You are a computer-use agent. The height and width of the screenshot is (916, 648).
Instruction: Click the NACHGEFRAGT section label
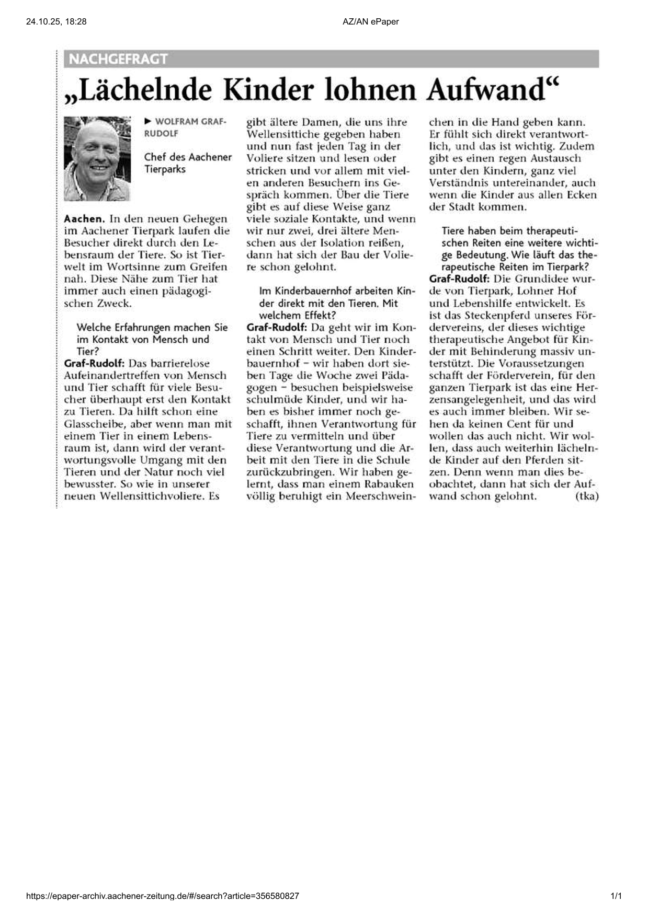tap(118, 59)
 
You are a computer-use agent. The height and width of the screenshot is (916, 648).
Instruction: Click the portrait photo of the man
tap(97, 158)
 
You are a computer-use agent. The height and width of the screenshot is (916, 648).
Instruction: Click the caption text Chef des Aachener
tap(188, 157)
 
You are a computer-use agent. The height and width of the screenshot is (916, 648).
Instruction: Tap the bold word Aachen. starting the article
tap(84, 219)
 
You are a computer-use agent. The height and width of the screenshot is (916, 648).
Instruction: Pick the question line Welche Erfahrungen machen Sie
tap(152, 328)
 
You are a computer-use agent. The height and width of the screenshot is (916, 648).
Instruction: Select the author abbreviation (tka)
tap(586, 496)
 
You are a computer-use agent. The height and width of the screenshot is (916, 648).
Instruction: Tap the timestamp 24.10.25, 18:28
tap(56, 21)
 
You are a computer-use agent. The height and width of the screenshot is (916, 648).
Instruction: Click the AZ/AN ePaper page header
tap(370, 21)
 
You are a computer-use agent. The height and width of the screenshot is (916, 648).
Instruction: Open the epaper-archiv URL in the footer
tap(163, 896)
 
